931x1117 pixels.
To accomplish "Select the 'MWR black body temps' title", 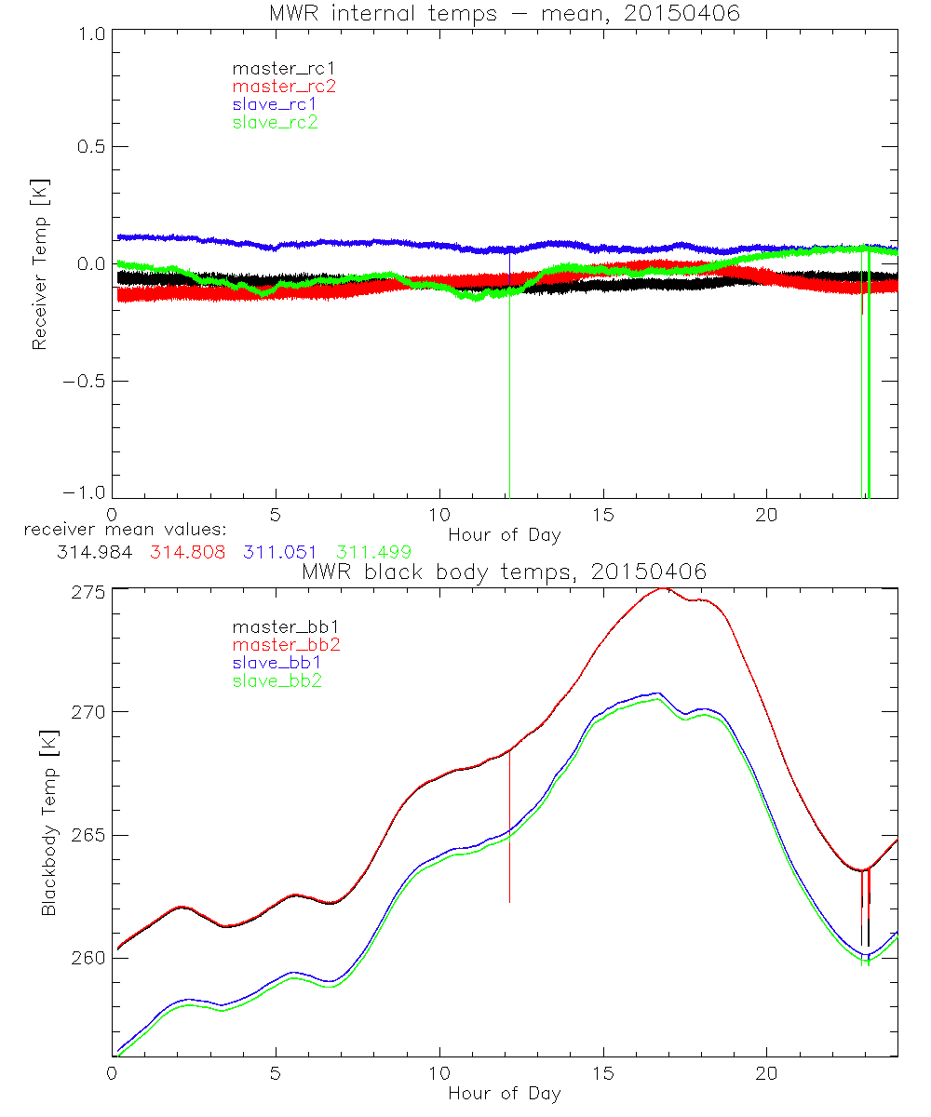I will [x=504, y=572].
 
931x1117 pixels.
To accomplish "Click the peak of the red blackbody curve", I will [x=662, y=588].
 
